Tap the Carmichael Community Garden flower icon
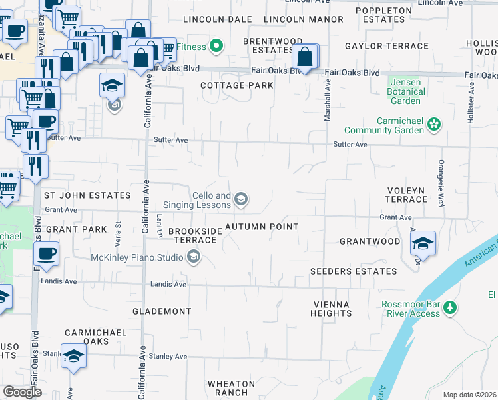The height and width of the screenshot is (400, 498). click(434, 124)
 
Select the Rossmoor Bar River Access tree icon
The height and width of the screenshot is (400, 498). click(451, 307)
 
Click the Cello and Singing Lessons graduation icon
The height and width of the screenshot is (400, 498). click(242, 199)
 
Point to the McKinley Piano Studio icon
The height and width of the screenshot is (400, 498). click(193, 257)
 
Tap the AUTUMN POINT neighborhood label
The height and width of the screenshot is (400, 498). click(262, 227)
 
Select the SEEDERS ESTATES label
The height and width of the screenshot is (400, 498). click(354, 271)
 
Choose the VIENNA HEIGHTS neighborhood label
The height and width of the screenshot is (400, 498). click(331, 309)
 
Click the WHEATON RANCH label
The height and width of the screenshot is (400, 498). click(231, 388)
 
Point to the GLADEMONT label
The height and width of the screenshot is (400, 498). click(162, 311)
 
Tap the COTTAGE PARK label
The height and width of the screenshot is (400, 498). click(237, 85)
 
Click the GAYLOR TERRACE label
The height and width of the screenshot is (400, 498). click(386, 46)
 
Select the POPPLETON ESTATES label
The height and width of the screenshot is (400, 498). click(384, 15)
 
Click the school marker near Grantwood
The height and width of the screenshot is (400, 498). click(423, 245)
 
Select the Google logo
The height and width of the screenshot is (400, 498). click(22, 392)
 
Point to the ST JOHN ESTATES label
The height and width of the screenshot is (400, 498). click(87, 195)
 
